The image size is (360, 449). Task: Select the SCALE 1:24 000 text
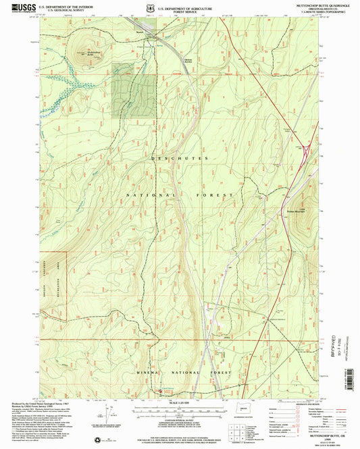click(x=180, y=403)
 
